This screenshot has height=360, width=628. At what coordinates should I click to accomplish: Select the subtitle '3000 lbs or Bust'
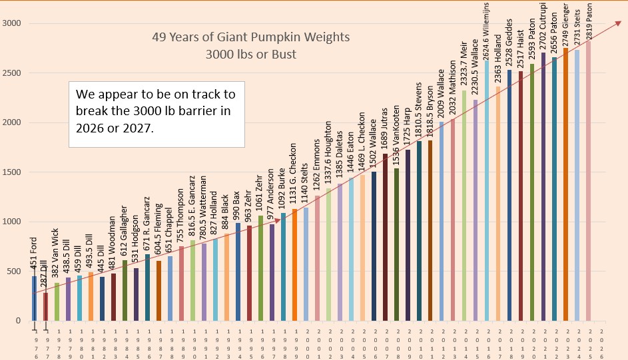click(250, 54)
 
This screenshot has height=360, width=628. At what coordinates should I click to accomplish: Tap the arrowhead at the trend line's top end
click(604, 25)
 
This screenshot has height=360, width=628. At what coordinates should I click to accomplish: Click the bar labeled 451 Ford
click(34, 298)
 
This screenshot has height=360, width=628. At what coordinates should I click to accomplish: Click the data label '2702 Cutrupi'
click(543, 27)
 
